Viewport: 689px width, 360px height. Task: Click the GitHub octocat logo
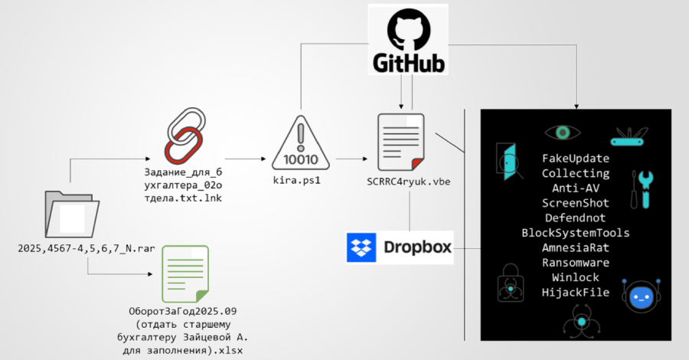click(407, 29)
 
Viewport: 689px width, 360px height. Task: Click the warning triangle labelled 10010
click(300, 143)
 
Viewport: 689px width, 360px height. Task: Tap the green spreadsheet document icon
click(184, 273)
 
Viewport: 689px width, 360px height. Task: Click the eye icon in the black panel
click(563, 133)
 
